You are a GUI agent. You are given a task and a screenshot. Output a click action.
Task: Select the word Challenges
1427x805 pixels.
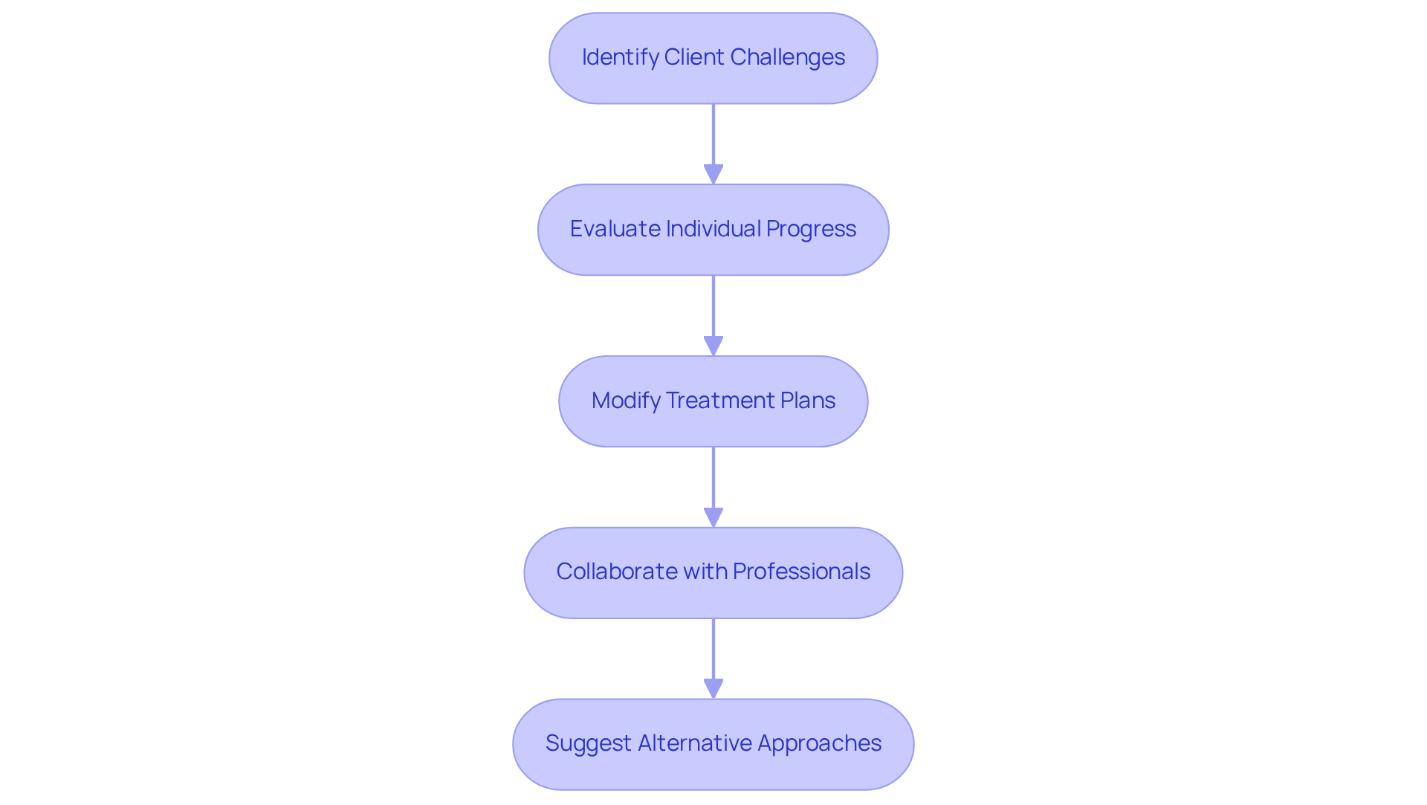point(790,57)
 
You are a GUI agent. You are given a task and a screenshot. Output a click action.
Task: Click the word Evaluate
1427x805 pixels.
point(615,229)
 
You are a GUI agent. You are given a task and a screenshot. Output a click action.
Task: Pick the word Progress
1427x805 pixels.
point(811,229)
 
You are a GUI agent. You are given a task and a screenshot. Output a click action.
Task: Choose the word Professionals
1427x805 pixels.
point(801,572)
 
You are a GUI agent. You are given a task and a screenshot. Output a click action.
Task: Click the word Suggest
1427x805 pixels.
point(588,743)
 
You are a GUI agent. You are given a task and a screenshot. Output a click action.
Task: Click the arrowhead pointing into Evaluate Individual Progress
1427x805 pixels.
point(713,175)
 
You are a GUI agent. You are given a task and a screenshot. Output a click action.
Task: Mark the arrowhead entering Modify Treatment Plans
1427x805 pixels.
point(713,346)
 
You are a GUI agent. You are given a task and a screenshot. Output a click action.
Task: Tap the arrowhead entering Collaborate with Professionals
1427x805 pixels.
point(713,518)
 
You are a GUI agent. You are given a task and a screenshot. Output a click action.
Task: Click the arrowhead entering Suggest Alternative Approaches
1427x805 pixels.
point(713,689)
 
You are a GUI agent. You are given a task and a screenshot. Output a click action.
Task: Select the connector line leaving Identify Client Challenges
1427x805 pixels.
point(713,134)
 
